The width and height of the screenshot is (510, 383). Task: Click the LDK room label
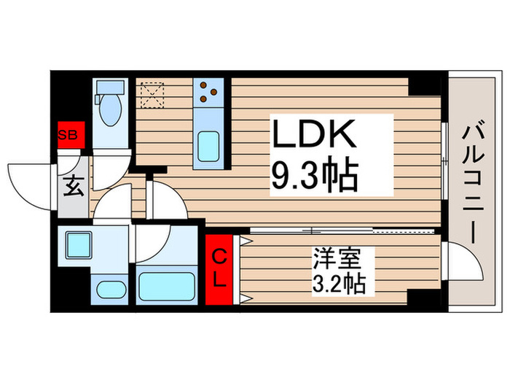314,136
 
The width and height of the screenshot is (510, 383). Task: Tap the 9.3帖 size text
314,176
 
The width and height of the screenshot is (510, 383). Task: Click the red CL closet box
219,267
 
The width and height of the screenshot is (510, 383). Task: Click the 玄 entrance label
74,187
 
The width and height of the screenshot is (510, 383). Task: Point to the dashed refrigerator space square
153,93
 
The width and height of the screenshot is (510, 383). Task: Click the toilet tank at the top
111,88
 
